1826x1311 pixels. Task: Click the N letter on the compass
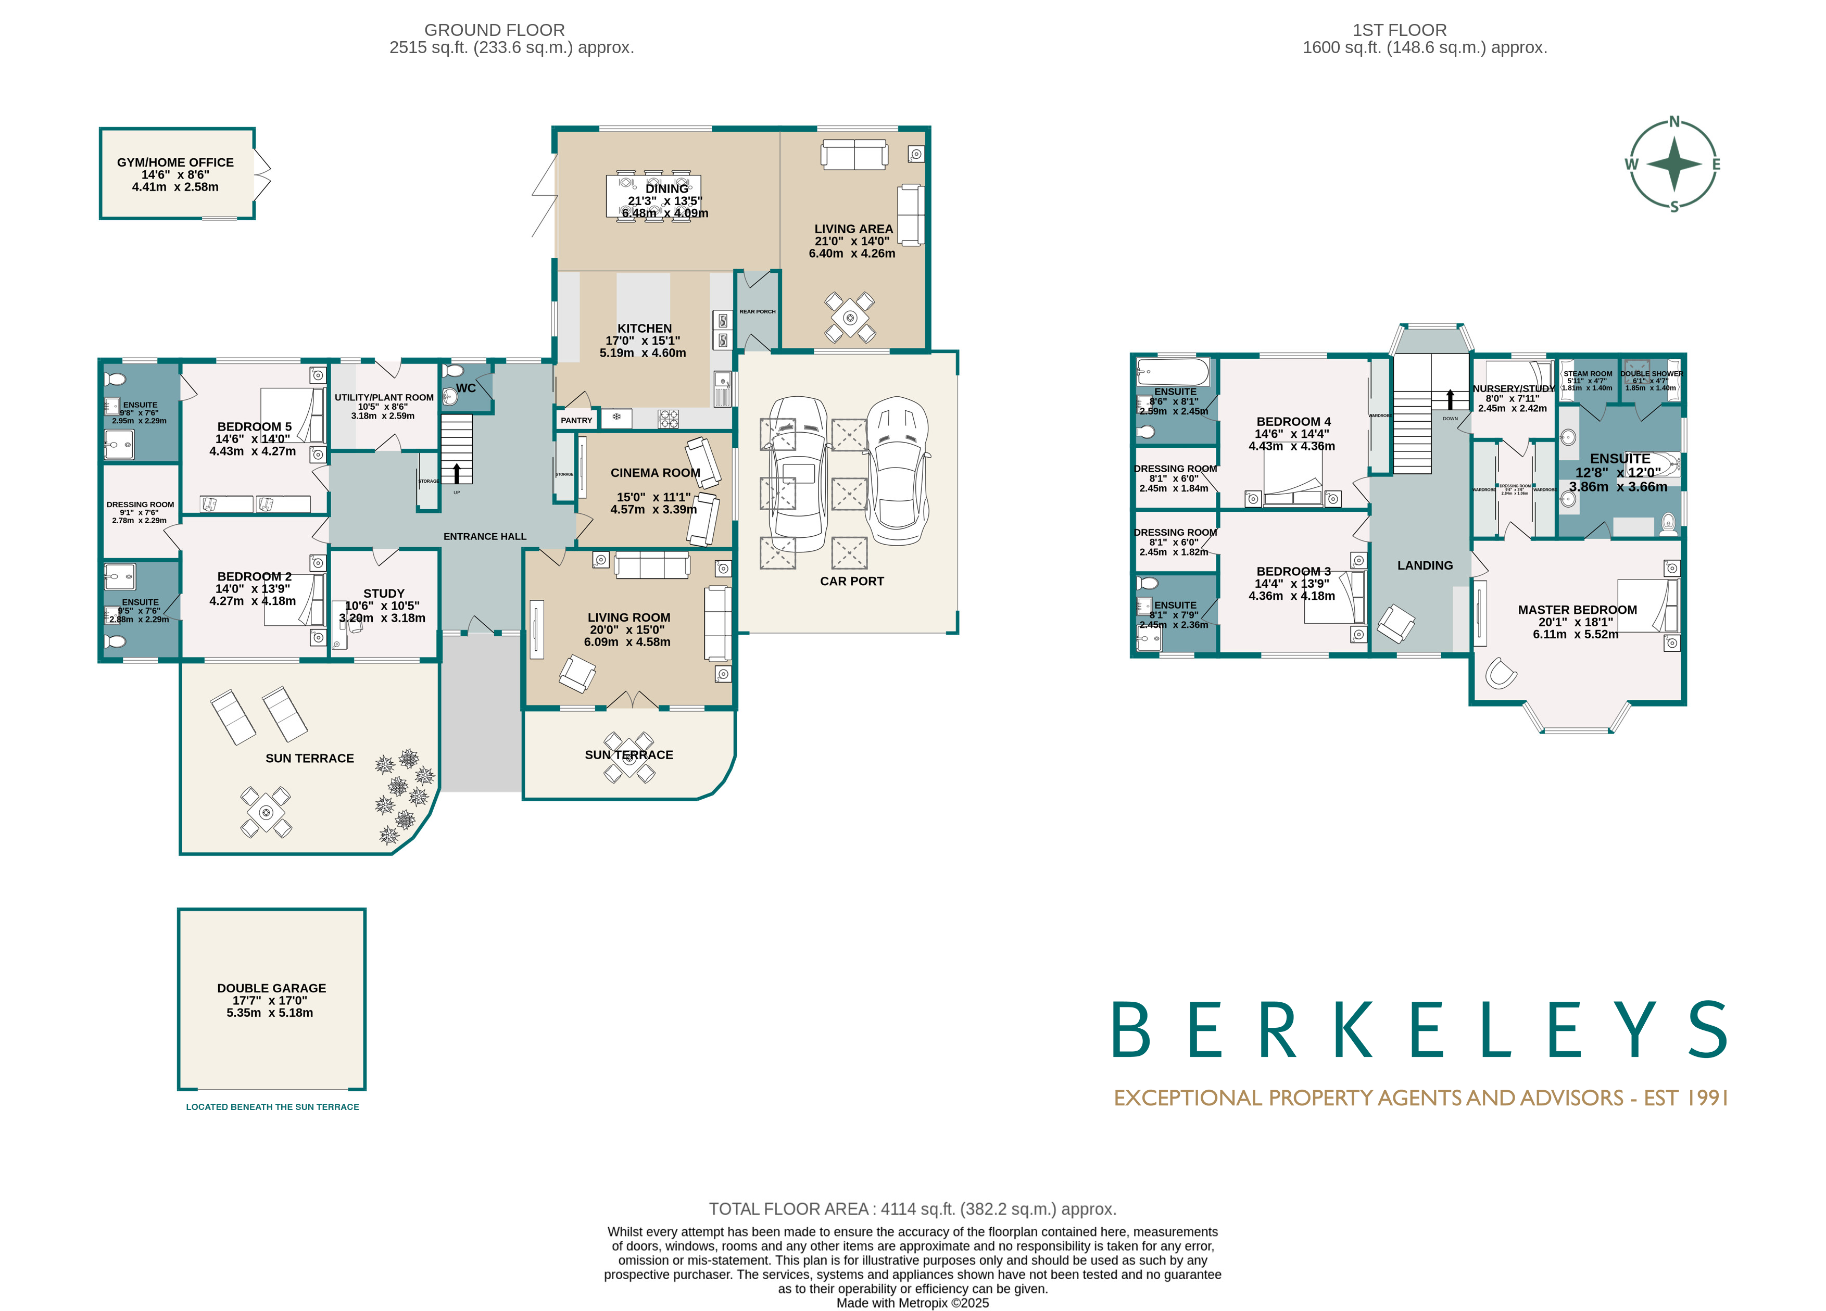1674,122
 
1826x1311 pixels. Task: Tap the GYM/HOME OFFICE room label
175,162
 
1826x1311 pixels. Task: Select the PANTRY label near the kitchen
576,420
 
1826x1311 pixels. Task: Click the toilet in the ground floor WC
454,371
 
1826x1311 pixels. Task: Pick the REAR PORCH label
757,312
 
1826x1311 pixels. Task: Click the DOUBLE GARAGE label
271,988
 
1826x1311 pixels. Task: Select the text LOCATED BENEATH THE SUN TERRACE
272,1107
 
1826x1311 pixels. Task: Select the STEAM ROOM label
1587,374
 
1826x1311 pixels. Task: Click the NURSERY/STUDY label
1513,388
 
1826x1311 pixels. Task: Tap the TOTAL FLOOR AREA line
912,1209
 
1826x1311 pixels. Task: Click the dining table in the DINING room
653,196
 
